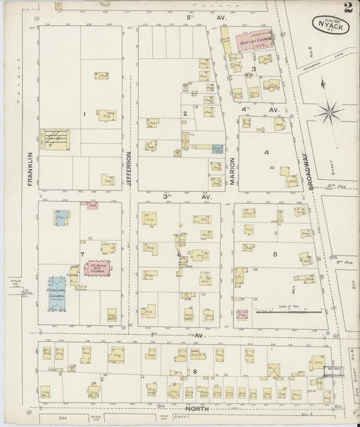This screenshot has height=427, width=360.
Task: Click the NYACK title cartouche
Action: [330, 25]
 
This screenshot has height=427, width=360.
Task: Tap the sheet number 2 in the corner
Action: [348, 8]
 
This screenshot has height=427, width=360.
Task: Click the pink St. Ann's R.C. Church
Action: [97, 269]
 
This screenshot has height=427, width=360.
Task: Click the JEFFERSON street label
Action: [126, 169]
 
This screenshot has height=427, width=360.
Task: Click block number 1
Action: [84, 114]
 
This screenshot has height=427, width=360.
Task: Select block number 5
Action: [275, 254]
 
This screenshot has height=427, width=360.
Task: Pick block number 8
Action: [195, 372]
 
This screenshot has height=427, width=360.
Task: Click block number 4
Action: [266, 152]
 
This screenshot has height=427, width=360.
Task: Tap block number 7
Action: [82, 255]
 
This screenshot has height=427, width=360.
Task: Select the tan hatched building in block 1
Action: [55, 139]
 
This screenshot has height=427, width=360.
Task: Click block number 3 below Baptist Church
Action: [253, 69]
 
